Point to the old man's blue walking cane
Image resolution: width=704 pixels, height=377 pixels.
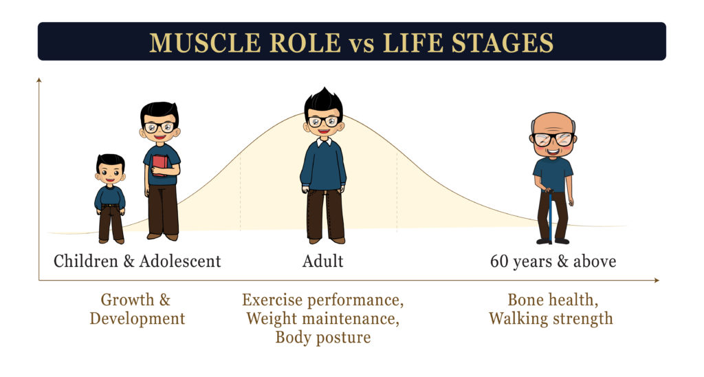(549, 216)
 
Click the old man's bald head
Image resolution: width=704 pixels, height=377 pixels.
(553, 124)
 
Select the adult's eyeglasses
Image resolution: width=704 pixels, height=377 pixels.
(323, 121)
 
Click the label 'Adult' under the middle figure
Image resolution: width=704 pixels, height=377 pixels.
(323, 261)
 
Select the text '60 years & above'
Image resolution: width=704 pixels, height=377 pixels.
(553, 261)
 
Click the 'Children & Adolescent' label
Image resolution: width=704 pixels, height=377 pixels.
(137, 261)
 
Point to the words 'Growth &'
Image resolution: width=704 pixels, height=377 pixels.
(135, 300)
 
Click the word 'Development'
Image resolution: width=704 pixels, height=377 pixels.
(137, 319)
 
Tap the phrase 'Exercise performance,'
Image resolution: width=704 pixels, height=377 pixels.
(323, 300)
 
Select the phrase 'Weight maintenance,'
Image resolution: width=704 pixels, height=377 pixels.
(323, 319)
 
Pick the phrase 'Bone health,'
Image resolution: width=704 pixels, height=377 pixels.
(553, 300)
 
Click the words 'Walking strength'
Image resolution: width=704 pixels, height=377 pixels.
(551, 319)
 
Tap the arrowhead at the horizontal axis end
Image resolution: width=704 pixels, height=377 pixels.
(657, 281)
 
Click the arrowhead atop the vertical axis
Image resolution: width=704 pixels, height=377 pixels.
(39, 80)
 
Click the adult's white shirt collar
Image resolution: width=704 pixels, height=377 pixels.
(324, 142)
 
